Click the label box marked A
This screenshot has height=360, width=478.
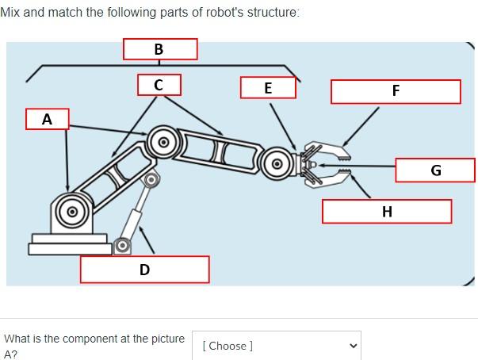(47, 119)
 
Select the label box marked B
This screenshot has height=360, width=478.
(159, 48)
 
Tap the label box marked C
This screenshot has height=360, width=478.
(159, 84)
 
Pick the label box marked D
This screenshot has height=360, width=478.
(144, 270)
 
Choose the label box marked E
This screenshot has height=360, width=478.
(268, 88)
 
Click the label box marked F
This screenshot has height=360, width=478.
(396, 91)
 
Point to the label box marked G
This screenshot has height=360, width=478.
(435, 170)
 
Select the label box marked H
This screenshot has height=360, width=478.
(386, 211)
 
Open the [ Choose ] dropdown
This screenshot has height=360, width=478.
(275, 346)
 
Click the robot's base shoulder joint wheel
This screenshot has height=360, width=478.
(71, 211)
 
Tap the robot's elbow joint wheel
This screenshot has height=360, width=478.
(164, 143)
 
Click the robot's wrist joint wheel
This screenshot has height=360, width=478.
(277, 164)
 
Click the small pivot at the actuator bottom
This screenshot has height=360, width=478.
(122, 245)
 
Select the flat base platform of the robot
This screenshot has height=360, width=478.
(70, 247)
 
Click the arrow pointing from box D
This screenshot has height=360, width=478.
(147, 239)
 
